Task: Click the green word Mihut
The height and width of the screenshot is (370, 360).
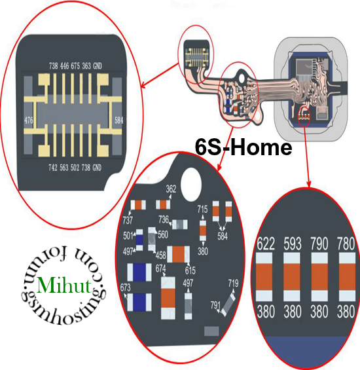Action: click(64, 285)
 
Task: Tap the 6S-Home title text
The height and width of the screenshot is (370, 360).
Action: click(243, 147)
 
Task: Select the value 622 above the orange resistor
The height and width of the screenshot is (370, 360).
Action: click(266, 244)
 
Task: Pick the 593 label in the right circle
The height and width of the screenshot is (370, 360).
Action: click(293, 244)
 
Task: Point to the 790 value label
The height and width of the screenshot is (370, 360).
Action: click(319, 244)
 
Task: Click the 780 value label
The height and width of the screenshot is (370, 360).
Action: click(346, 244)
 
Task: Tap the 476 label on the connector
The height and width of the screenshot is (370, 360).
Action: click(29, 120)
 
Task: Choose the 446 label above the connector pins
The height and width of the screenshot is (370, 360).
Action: click(64, 66)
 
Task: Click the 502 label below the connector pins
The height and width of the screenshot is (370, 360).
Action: click(75, 168)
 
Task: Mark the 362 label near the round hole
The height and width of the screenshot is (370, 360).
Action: click(171, 189)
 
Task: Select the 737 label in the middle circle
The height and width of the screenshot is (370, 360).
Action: click(128, 221)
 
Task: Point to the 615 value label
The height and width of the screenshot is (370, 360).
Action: click(190, 270)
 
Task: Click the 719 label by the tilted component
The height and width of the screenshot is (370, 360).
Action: click(233, 283)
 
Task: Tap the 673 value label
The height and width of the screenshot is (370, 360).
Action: click(125, 287)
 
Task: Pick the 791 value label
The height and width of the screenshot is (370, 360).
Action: click(215, 305)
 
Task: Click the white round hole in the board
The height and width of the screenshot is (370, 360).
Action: click(191, 184)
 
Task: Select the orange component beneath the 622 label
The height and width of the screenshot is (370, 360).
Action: click(264, 277)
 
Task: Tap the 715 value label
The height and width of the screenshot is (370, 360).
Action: click(203, 209)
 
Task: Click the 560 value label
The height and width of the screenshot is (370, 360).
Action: click(163, 234)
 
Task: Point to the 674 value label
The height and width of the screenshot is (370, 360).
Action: click(160, 268)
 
